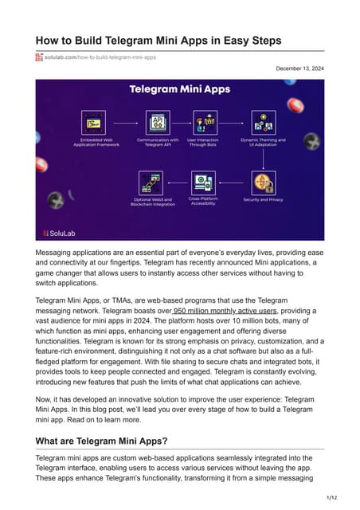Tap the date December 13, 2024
(x=300, y=69)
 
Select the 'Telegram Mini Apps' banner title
(x=180, y=92)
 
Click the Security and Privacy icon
(x=263, y=182)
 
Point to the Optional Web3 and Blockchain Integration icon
(x=151, y=182)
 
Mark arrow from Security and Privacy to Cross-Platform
(x=234, y=182)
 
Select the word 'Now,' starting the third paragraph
(x=48, y=395)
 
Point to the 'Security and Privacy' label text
(x=263, y=199)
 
